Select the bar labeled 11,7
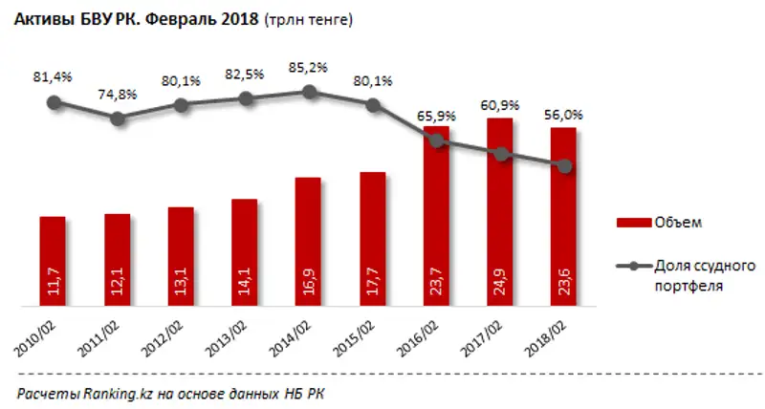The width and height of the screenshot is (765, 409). (x=54, y=262)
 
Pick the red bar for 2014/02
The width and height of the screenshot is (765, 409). (x=308, y=243)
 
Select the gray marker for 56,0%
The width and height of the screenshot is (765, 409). (x=564, y=166)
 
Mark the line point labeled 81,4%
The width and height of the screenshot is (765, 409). (x=54, y=101)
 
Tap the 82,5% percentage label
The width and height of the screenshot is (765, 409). (x=246, y=75)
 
